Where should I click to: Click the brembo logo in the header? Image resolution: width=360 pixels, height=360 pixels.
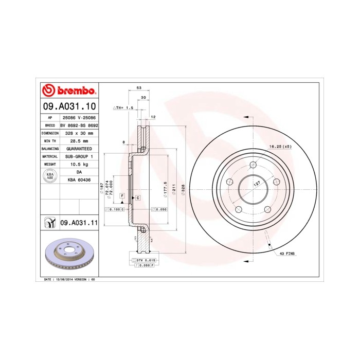click(68, 91)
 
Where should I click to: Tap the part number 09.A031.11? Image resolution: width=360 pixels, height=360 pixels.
click(79, 223)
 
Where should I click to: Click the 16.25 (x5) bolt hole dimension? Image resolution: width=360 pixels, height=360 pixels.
click(280, 147)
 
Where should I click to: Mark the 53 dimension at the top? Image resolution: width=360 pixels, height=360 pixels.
click(139, 88)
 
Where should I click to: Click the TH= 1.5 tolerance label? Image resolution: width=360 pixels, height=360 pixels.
click(123, 109)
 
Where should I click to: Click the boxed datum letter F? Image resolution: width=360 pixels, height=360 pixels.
click(122, 196)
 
